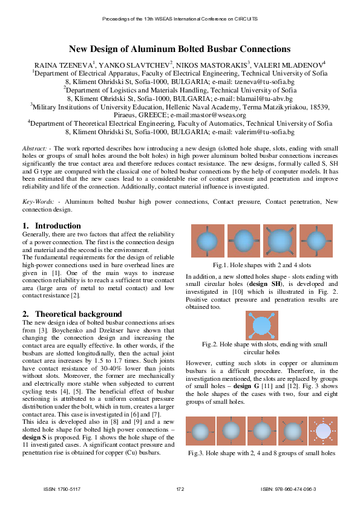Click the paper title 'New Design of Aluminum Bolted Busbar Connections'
(180, 49)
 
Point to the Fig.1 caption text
(261, 265)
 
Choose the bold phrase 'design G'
(246, 385)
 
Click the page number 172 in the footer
(180, 488)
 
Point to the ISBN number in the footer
(288, 488)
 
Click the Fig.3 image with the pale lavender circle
(322, 431)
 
